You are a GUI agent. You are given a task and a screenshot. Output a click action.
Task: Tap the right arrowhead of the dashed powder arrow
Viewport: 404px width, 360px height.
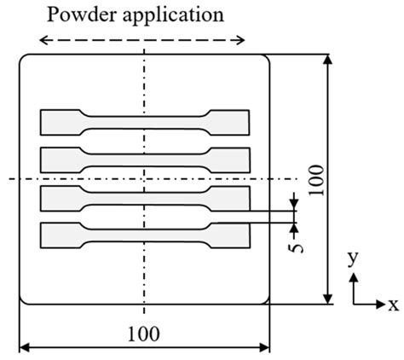(x=244, y=40)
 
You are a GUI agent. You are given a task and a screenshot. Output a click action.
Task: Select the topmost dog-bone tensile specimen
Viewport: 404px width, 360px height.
(x=145, y=122)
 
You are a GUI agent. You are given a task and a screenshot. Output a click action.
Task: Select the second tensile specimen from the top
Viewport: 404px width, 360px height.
(x=145, y=159)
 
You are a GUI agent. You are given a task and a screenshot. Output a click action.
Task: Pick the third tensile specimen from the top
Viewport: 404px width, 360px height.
(x=145, y=197)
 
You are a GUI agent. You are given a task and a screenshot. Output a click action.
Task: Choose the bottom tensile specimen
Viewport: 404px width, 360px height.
(x=145, y=235)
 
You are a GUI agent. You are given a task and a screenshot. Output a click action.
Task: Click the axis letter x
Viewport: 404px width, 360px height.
(x=393, y=305)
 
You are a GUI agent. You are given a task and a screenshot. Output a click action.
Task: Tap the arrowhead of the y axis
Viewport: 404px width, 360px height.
(x=354, y=276)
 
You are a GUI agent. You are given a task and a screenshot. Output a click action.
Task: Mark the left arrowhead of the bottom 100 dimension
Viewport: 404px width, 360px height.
(x=22, y=346)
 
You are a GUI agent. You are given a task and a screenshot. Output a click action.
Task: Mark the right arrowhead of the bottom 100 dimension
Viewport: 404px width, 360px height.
(x=267, y=346)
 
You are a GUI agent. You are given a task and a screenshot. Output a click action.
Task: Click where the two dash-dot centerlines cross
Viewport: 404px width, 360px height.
(x=144, y=178)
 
